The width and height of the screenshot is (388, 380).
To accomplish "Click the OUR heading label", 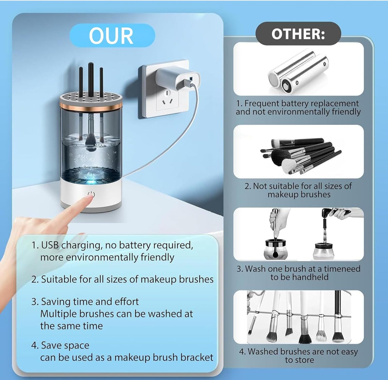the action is (111, 36).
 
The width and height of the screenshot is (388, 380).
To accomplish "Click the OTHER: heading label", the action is (298, 34).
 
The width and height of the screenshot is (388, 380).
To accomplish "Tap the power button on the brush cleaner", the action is (91, 195).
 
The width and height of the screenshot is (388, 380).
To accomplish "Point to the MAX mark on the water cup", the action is (100, 145).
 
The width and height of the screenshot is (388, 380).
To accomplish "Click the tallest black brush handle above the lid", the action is (91, 79).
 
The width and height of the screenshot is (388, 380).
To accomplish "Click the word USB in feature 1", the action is (50, 245).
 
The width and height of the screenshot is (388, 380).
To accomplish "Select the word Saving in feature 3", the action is (54, 302).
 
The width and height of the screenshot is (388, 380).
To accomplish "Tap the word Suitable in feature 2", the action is (59, 280).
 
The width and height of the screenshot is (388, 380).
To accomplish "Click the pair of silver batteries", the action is (299, 72).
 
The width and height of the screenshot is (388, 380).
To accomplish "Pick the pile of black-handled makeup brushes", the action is (300, 155).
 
